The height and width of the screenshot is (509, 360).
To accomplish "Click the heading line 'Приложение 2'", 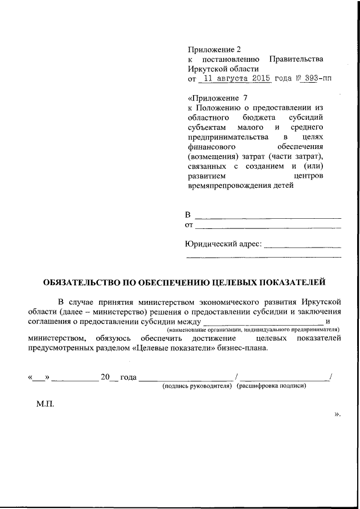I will point(214,49).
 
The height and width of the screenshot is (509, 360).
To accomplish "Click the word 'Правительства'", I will point(296,60).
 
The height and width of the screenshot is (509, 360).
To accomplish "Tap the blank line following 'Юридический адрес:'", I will point(303,245).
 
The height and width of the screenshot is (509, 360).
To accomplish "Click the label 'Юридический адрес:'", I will point(223,244).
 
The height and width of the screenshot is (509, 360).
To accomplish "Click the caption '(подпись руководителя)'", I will point(197,386).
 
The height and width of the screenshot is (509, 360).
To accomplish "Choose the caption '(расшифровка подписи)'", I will point(272,386).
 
